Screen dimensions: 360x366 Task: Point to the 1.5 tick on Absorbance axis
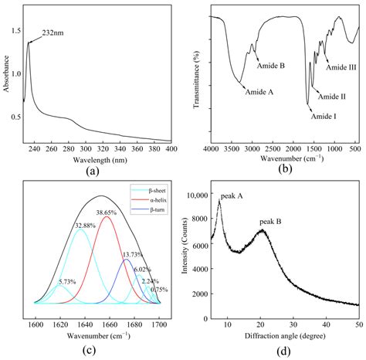tap(16, 30)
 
